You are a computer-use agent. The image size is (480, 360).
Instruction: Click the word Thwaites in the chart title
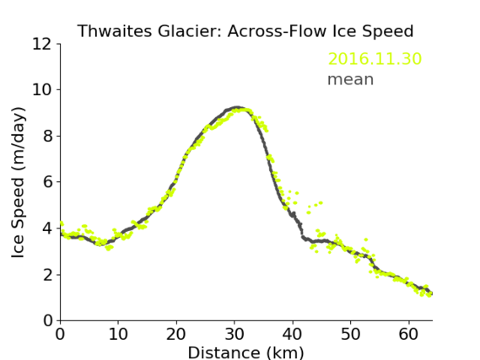point(115,31)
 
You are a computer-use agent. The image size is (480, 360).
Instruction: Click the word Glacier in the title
point(191,31)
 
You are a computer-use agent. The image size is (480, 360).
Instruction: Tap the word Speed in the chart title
point(387,32)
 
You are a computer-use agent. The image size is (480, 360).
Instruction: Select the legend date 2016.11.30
point(375,59)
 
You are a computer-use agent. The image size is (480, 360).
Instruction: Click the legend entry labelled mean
point(351,79)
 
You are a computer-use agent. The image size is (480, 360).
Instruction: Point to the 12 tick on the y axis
point(42,45)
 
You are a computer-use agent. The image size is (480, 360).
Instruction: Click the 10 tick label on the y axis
point(42,90)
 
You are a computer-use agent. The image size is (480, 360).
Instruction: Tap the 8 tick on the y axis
point(47,136)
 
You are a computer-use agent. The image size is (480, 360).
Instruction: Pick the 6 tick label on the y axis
point(47,182)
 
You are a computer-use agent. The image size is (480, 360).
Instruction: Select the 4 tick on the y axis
point(47,228)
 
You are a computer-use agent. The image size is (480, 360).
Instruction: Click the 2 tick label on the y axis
point(47,275)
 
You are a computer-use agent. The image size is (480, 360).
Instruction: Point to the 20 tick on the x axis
point(176,334)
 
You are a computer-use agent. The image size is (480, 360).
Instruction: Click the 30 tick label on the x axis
point(235,334)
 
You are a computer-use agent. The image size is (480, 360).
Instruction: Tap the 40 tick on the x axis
point(293,334)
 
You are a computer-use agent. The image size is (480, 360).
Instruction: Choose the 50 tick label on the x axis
point(351,334)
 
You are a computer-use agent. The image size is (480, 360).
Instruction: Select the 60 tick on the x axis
point(408,334)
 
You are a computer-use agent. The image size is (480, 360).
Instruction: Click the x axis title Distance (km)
point(245,352)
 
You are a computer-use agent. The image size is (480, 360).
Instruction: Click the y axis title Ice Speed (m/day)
point(18,183)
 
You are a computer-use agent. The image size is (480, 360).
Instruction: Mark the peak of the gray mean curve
point(236,108)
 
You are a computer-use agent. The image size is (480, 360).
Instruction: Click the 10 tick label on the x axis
point(118,334)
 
